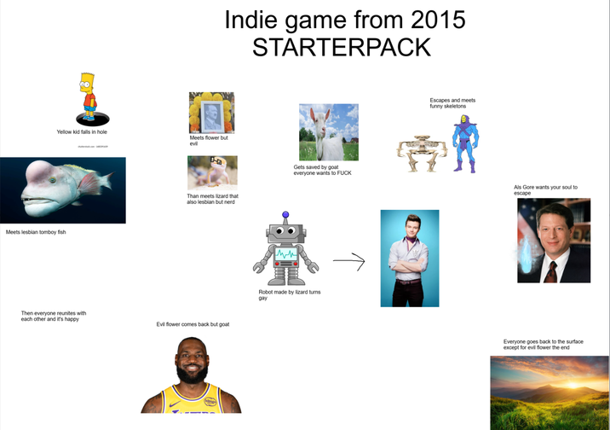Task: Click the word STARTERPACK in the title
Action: [x=342, y=47]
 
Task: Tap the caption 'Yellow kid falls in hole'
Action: [x=82, y=132]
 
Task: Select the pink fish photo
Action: [x=62, y=190]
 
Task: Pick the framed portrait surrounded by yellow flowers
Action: [x=211, y=113]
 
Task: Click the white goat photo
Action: [x=328, y=131]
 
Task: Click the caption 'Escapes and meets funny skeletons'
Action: [x=452, y=102]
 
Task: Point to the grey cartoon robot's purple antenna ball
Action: [x=285, y=214]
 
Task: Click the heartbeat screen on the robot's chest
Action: [x=285, y=253]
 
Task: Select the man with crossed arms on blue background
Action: [x=409, y=258]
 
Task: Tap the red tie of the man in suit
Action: [x=551, y=270]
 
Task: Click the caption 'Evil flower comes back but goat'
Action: [x=193, y=324]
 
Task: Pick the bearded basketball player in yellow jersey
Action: [x=191, y=375]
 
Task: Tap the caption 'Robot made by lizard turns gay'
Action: [x=289, y=294]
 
